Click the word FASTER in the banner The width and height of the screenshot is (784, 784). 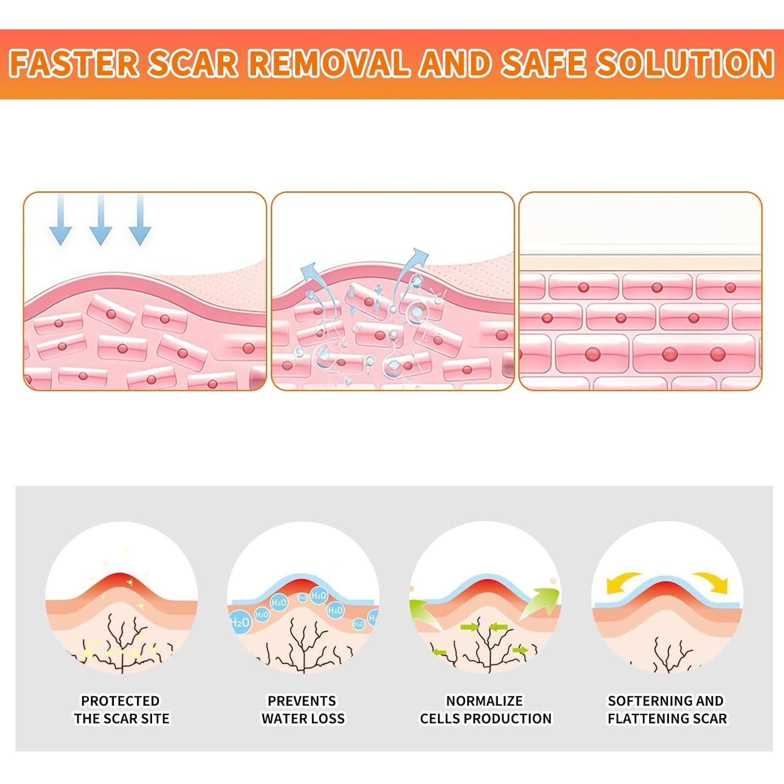[74, 63]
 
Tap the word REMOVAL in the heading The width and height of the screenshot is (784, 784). [329, 63]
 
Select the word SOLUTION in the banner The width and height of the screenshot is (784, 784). [685, 63]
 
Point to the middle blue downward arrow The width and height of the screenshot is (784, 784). [101, 220]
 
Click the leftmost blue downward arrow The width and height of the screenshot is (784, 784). [61, 220]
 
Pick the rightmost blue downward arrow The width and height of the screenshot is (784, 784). [140, 220]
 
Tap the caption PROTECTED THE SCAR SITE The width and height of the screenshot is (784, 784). [121, 710]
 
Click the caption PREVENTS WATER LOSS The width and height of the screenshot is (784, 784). [303, 710]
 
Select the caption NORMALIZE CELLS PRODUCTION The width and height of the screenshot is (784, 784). [486, 710]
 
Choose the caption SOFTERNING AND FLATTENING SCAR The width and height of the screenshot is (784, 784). [667, 710]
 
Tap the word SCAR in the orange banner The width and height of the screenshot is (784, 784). [193, 63]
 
